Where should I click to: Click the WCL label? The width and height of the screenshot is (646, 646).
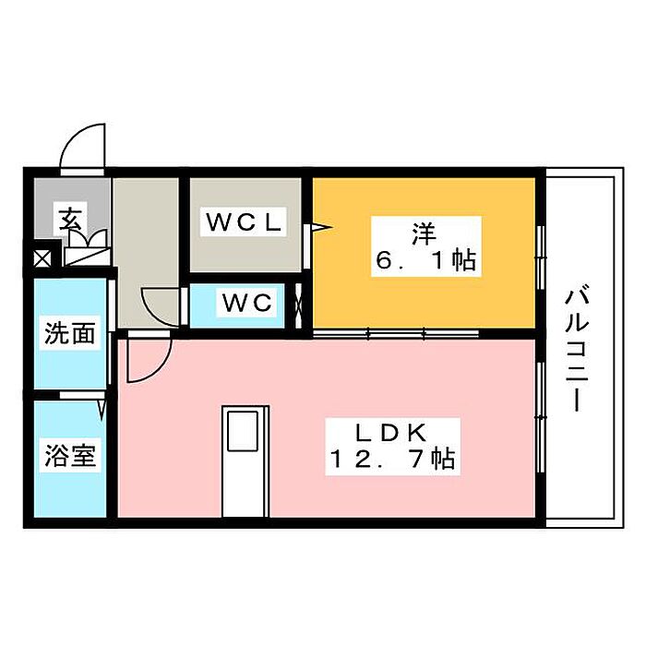tap(245, 222)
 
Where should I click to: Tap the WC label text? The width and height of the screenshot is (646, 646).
tap(245, 302)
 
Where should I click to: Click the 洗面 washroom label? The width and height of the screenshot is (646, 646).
tap(70, 333)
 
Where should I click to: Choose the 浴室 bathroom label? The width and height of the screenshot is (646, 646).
tap(70, 456)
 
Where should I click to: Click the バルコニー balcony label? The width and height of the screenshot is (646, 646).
tap(578, 350)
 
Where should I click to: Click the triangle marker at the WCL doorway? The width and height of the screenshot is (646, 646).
tap(317, 225)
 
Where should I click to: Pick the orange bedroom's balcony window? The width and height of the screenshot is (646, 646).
tap(541, 249)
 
